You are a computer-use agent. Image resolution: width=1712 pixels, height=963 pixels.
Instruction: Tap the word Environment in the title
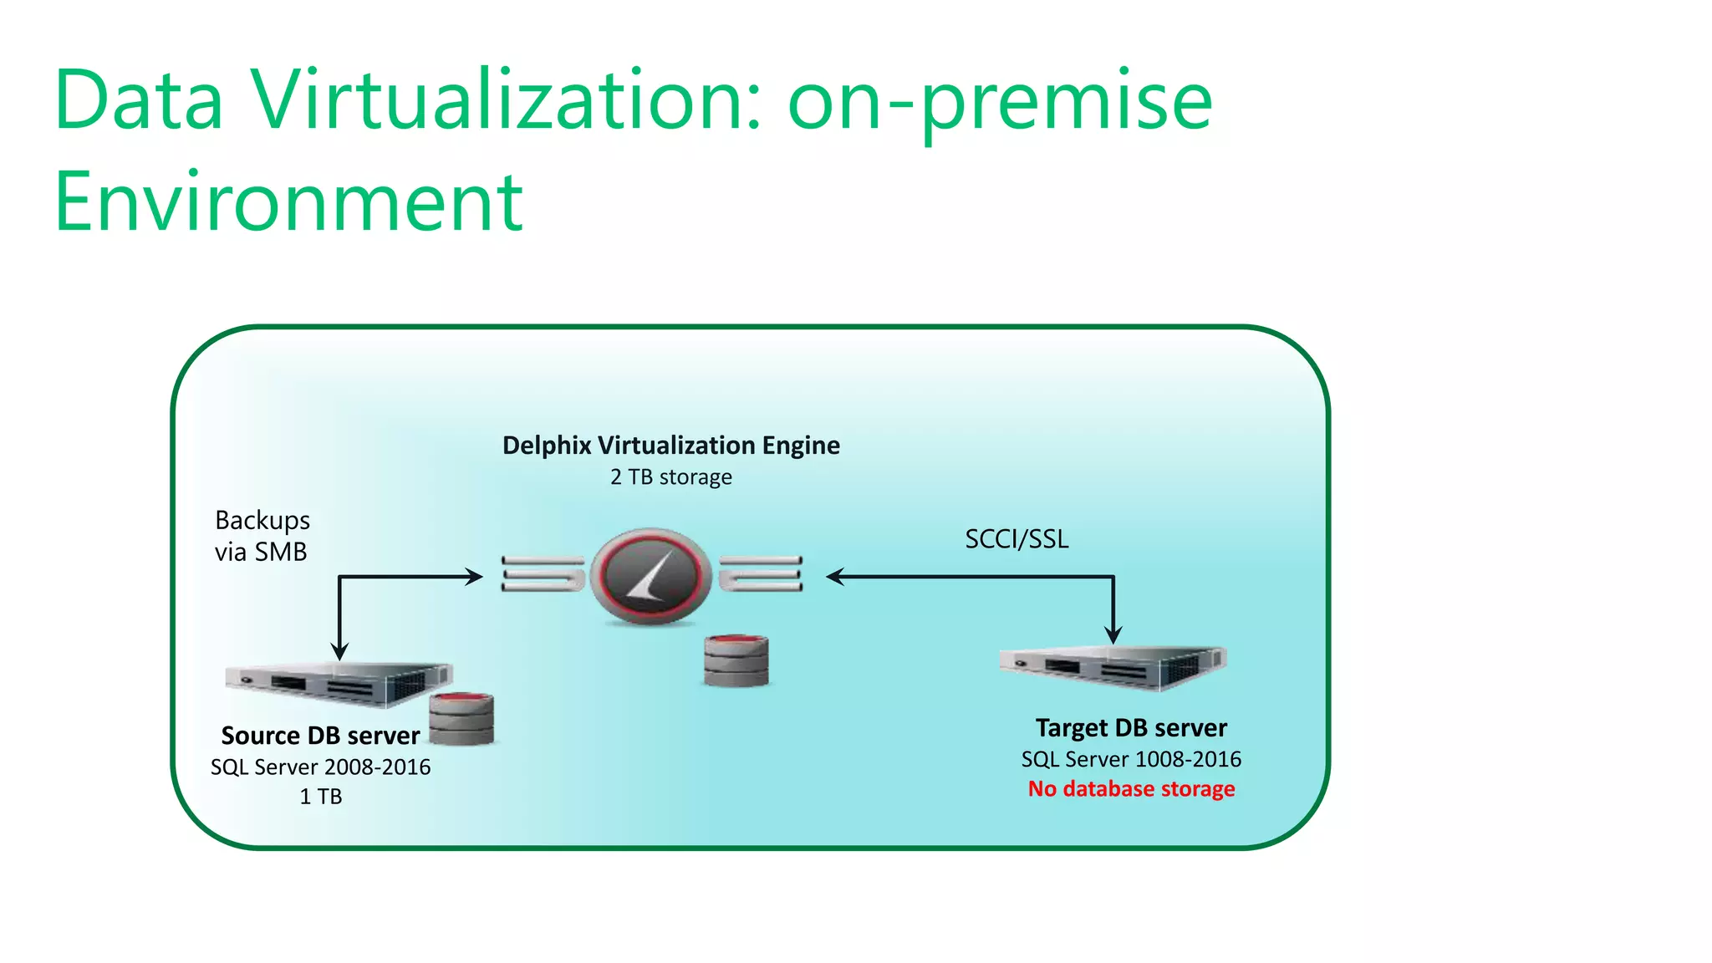tap(288, 202)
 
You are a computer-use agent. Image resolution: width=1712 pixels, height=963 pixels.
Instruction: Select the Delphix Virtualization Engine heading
tap(670, 446)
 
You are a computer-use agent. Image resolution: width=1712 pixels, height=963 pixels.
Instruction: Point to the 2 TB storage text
tap(670, 477)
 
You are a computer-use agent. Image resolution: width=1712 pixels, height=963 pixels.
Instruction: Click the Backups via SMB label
tap(262, 536)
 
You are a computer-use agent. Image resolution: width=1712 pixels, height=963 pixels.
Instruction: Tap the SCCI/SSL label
tap(1016, 539)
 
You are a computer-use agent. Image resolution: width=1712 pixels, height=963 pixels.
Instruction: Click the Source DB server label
tap(320, 736)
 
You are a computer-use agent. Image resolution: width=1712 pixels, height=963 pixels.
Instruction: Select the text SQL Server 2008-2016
tap(320, 767)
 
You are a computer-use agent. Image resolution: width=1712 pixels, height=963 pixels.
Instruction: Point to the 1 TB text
tap(320, 797)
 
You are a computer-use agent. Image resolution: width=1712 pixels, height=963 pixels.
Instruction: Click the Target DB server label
tap(1131, 728)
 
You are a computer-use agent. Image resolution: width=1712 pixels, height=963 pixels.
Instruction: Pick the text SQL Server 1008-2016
tap(1131, 760)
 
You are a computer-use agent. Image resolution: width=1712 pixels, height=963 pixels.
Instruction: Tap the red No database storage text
tap(1131, 789)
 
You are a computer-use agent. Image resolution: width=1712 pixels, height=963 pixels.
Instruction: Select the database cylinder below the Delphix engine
tap(736, 660)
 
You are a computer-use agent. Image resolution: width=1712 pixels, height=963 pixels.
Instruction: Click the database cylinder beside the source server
tap(461, 719)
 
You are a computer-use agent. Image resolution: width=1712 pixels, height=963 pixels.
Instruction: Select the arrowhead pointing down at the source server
tap(339, 651)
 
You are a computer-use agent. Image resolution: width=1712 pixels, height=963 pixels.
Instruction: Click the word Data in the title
tap(139, 100)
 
